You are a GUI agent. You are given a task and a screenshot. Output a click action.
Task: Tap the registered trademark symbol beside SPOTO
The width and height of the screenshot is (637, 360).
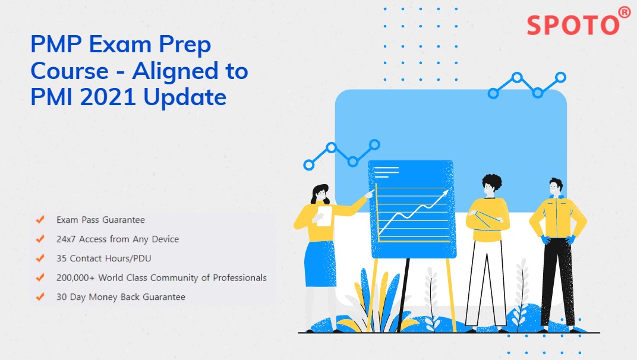click(625, 12)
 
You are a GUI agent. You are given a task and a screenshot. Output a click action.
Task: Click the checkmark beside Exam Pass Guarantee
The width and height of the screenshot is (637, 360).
click(40, 219)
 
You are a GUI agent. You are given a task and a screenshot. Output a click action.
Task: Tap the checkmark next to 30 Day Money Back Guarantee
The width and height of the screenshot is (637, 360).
click(40, 296)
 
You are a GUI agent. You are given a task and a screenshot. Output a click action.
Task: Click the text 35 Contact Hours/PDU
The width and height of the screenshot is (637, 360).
click(103, 258)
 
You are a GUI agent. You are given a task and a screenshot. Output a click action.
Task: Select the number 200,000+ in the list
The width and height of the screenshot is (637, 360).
click(75, 278)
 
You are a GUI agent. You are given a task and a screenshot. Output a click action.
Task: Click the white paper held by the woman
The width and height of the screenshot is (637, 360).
click(324, 216)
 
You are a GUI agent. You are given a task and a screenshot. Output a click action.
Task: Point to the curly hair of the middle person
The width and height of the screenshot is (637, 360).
click(492, 181)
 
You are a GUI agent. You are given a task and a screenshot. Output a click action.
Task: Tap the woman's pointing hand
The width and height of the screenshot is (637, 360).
click(370, 194)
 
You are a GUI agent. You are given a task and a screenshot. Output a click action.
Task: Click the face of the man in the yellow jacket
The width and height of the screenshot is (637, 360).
click(554, 189)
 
